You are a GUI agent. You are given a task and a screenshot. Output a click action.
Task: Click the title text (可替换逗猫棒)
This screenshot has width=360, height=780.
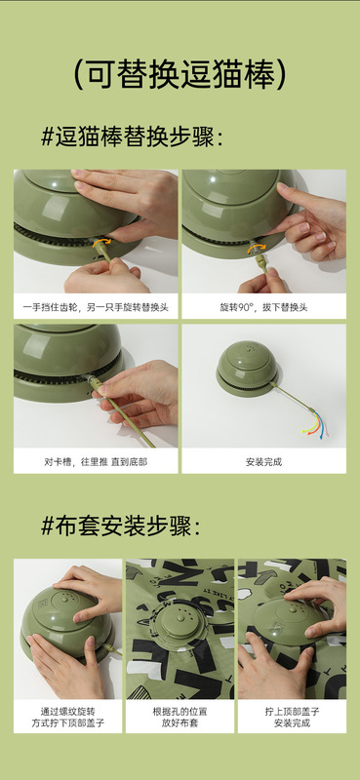point(180,75)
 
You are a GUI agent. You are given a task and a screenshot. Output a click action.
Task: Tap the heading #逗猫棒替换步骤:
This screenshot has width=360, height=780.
point(132,136)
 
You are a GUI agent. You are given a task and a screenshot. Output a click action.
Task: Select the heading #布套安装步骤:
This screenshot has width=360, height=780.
point(121,526)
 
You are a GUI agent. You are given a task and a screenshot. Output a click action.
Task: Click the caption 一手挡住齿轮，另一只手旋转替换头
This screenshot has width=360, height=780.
point(96,307)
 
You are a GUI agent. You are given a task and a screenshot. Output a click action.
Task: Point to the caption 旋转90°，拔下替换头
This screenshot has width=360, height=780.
point(263,307)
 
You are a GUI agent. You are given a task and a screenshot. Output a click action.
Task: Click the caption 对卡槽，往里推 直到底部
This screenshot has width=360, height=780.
point(96,461)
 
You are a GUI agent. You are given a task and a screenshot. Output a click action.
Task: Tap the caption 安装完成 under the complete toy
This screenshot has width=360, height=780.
point(263,461)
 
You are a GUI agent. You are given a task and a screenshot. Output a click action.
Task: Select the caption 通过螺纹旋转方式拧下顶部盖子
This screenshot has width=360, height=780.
point(67,717)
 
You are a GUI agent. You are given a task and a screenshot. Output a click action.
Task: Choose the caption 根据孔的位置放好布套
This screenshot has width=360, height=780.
point(180,717)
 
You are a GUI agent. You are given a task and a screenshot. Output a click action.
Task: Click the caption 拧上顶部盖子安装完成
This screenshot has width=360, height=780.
point(292,717)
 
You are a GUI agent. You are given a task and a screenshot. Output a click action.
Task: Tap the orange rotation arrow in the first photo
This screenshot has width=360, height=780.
point(101,244)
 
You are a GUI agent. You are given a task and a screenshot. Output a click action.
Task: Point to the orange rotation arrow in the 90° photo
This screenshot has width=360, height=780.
point(258,248)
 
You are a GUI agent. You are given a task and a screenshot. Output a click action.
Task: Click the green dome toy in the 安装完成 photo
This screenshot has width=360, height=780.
point(248,368)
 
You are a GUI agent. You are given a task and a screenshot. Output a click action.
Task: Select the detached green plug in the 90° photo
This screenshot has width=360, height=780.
point(262,264)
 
